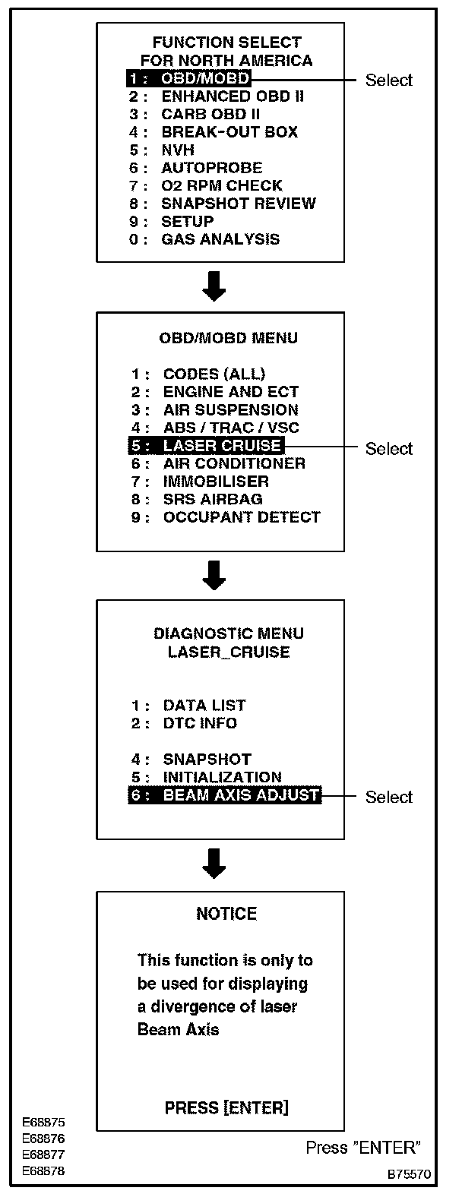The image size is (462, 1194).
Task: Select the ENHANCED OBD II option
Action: pyautogui.click(x=227, y=96)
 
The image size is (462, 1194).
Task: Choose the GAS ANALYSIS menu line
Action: pyautogui.click(x=220, y=239)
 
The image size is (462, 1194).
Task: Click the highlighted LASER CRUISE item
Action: pyautogui.click(x=205, y=446)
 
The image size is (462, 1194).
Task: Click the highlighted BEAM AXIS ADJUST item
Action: pyautogui.click(x=224, y=795)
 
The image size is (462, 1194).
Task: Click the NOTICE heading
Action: pyautogui.click(x=226, y=914)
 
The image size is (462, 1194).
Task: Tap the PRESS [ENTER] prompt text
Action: pyautogui.click(x=226, y=1108)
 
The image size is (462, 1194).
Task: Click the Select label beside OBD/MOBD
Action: pyautogui.click(x=389, y=81)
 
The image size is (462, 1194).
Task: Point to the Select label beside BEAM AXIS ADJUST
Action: pyautogui.click(x=389, y=797)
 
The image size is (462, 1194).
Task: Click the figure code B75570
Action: pyautogui.click(x=410, y=1173)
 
